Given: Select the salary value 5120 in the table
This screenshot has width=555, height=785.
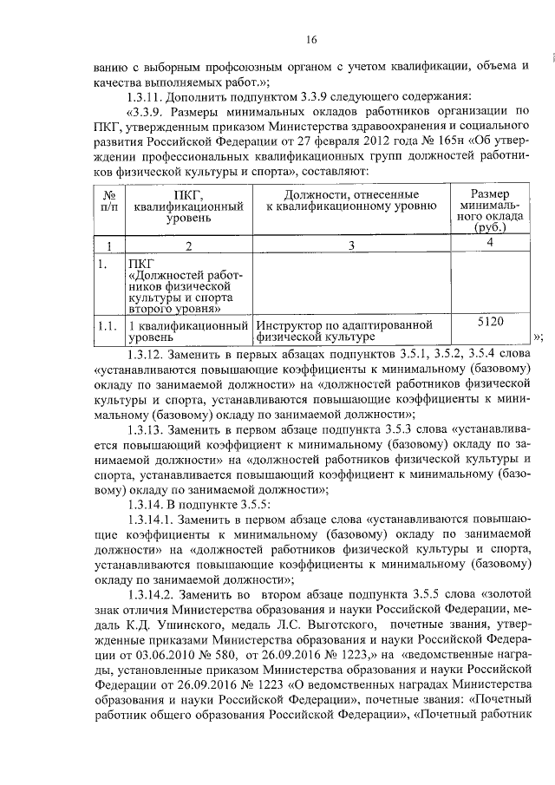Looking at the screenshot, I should (x=491, y=322).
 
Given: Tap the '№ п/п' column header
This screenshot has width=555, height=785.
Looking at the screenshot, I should (x=109, y=201).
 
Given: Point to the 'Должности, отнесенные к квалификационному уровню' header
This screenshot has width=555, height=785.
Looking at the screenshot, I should (x=351, y=201).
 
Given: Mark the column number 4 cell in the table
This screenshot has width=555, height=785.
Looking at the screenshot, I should (x=491, y=242).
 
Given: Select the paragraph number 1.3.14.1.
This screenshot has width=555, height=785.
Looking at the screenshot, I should (x=153, y=520).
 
